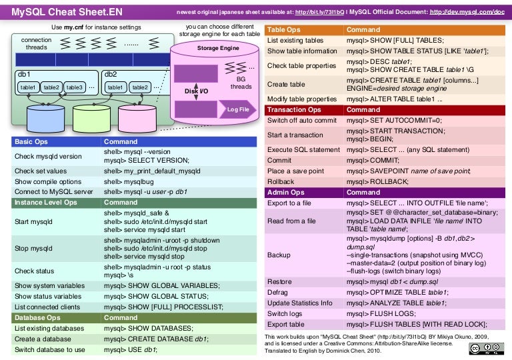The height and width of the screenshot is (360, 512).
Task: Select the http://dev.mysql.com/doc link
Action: click(467, 12)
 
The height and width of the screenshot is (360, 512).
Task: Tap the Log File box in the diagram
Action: click(238, 109)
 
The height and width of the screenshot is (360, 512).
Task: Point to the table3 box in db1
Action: click(74, 87)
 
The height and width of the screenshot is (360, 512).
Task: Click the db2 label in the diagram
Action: click(111, 74)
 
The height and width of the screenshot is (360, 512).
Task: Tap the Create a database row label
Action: click(44, 339)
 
